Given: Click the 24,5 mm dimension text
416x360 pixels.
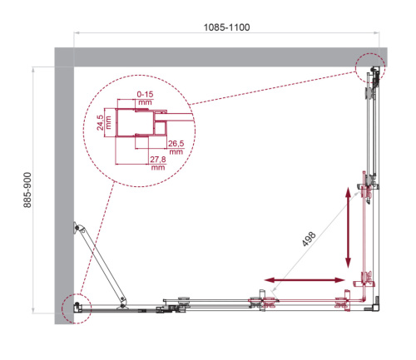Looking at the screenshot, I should coord(101,124).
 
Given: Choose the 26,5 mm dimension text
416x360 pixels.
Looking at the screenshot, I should coord(176,148).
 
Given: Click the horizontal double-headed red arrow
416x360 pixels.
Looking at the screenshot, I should coord(305,279).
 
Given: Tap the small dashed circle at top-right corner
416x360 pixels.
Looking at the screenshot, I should coord(370,67).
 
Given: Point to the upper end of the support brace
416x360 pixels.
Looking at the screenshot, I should coord(77,225).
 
